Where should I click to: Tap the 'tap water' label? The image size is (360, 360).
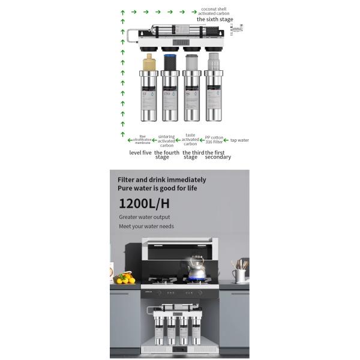point(239,140)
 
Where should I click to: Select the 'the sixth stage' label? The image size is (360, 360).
point(215,19)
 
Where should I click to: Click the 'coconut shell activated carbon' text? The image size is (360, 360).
point(215,11)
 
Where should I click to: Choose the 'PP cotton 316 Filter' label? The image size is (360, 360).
point(214,140)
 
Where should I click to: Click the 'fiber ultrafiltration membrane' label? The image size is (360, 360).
point(142,140)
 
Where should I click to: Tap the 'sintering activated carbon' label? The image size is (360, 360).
point(166,140)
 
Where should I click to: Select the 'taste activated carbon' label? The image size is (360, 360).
point(190,140)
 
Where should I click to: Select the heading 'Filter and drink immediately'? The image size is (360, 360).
point(162,179)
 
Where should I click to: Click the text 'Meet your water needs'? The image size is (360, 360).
point(146,226)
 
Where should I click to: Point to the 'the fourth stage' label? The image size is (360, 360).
point(166,155)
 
